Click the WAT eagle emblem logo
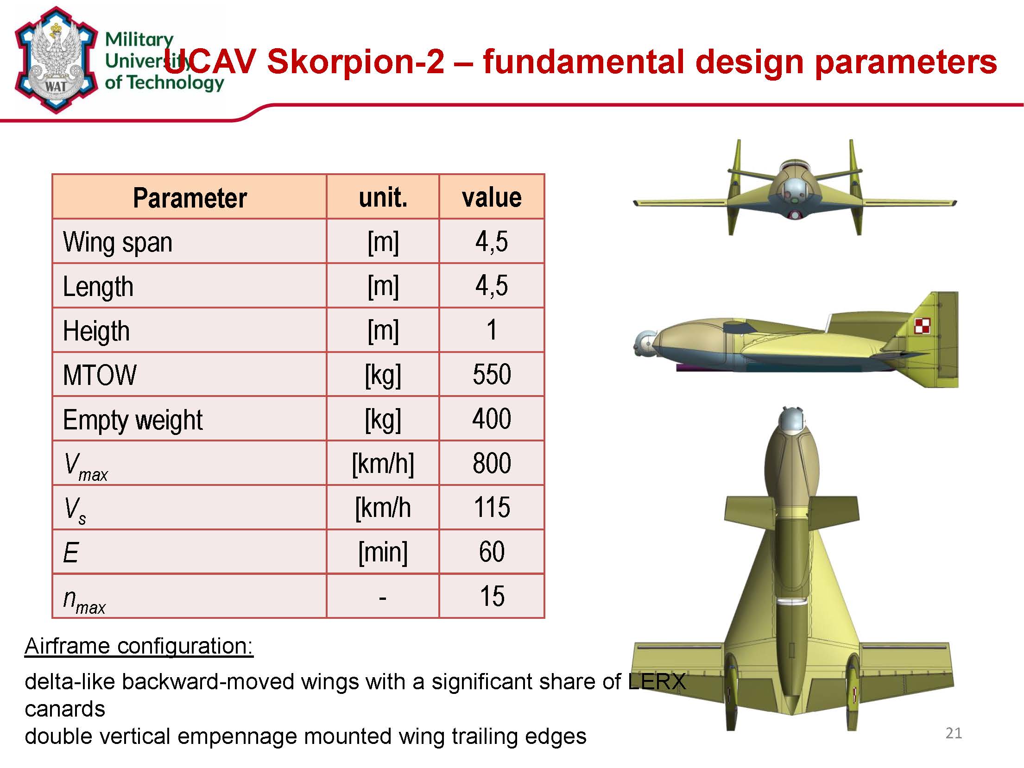pyautogui.click(x=56, y=60)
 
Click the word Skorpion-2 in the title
pyautogui.click(x=355, y=61)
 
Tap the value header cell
pyautogui.click(x=492, y=198)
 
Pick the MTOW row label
pyautogui.click(x=100, y=375)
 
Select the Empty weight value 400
pyautogui.click(x=492, y=419)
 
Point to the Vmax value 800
pyautogui.click(x=492, y=463)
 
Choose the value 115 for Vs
pyautogui.click(x=492, y=507)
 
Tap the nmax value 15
pyautogui.click(x=492, y=596)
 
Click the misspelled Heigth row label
pyautogui.click(x=96, y=331)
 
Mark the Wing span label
pyautogui.click(x=118, y=243)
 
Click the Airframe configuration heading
pyautogui.click(x=139, y=646)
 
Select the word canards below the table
pyautogui.click(x=65, y=709)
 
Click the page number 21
pyautogui.click(x=954, y=733)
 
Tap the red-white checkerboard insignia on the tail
pyautogui.click(x=922, y=326)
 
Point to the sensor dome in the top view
pyautogui.click(x=791, y=419)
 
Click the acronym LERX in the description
pyautogui.click(x=657, y=681)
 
